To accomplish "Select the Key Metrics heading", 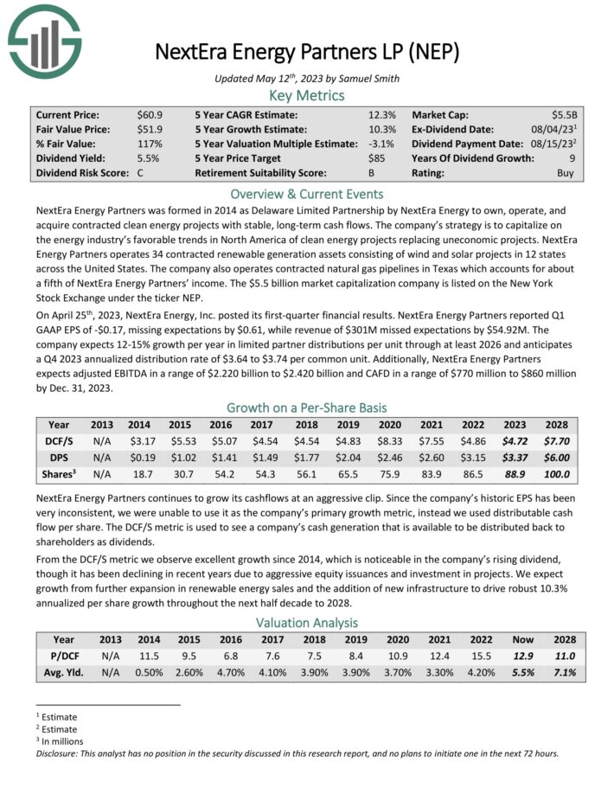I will (x=306, y=95).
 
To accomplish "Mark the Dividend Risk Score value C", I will (x=141, y=173).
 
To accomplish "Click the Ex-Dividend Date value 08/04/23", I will (x=557, y=129).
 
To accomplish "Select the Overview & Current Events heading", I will (x=306, y=194).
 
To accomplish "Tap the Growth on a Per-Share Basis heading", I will (x=306, y=407).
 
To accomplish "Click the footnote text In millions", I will (x=60, y=741).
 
